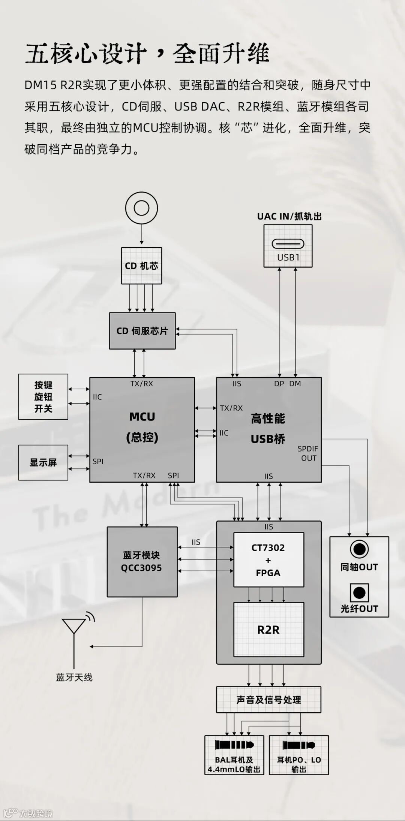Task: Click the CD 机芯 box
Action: click(x=141, y=266)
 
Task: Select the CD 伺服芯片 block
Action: click(x=142, y=331)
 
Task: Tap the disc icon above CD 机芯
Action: click(x=141, y=208)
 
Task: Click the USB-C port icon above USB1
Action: click(x=288, y=244)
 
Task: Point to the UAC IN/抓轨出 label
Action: click(x=289, y=216)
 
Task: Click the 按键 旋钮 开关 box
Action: click(x=43, y=396)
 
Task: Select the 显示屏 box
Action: click(x=43, y=462)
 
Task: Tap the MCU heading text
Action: click(x=142, y=417)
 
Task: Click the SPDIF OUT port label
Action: click(x=308, y=453)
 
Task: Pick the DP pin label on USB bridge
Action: click(x=279, y=384)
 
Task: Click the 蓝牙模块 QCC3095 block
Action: click(x=142, y=561)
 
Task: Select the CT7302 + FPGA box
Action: click(x=268, y=560)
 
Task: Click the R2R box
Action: click(x=268, y=630)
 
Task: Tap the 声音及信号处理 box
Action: click(x=268, y=700)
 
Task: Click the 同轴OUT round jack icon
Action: click(x=359, y=550)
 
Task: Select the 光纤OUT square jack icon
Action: click(x=359, y=593)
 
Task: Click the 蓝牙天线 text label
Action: click(x=74, y=677)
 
